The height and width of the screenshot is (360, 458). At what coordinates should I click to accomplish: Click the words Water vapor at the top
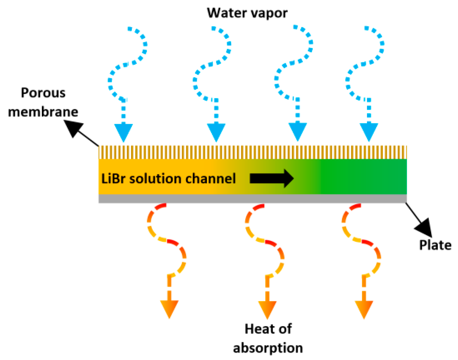[x=247, y=13]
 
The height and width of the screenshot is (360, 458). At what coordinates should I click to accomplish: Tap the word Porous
[x=43, y=93]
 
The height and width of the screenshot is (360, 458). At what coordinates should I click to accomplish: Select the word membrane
[x=43, y=112]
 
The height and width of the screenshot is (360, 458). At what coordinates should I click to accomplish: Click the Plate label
[x=435, y=245]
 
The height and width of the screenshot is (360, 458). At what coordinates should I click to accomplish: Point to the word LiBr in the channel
[x=113, y=179]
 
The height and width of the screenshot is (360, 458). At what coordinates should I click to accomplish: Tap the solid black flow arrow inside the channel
[x=272, y=178]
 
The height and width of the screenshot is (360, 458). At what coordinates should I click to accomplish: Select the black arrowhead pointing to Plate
[x=424, y=227]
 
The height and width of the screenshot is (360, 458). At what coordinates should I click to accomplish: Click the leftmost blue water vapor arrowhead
[x=123, y=132]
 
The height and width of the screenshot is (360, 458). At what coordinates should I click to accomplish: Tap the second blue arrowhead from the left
[x=216, y=132]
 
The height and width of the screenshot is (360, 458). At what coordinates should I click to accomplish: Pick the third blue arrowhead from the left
[x=297, y=132]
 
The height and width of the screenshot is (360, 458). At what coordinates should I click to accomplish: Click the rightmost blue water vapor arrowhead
[x=369, y=132]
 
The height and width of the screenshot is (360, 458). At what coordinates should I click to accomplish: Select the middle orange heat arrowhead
[x=267, y=309]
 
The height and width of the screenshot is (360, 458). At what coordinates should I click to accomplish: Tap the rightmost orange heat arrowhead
[x=364, y=309]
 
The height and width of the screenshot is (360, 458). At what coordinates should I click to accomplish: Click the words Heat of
[x=268, y=329]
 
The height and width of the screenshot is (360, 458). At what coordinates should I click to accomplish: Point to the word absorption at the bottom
[x=268, y=348]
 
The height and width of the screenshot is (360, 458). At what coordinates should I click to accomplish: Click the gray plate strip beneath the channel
[x=253, y=199]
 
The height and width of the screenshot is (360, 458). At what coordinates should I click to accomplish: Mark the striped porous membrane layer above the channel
[x=253, y=152]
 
